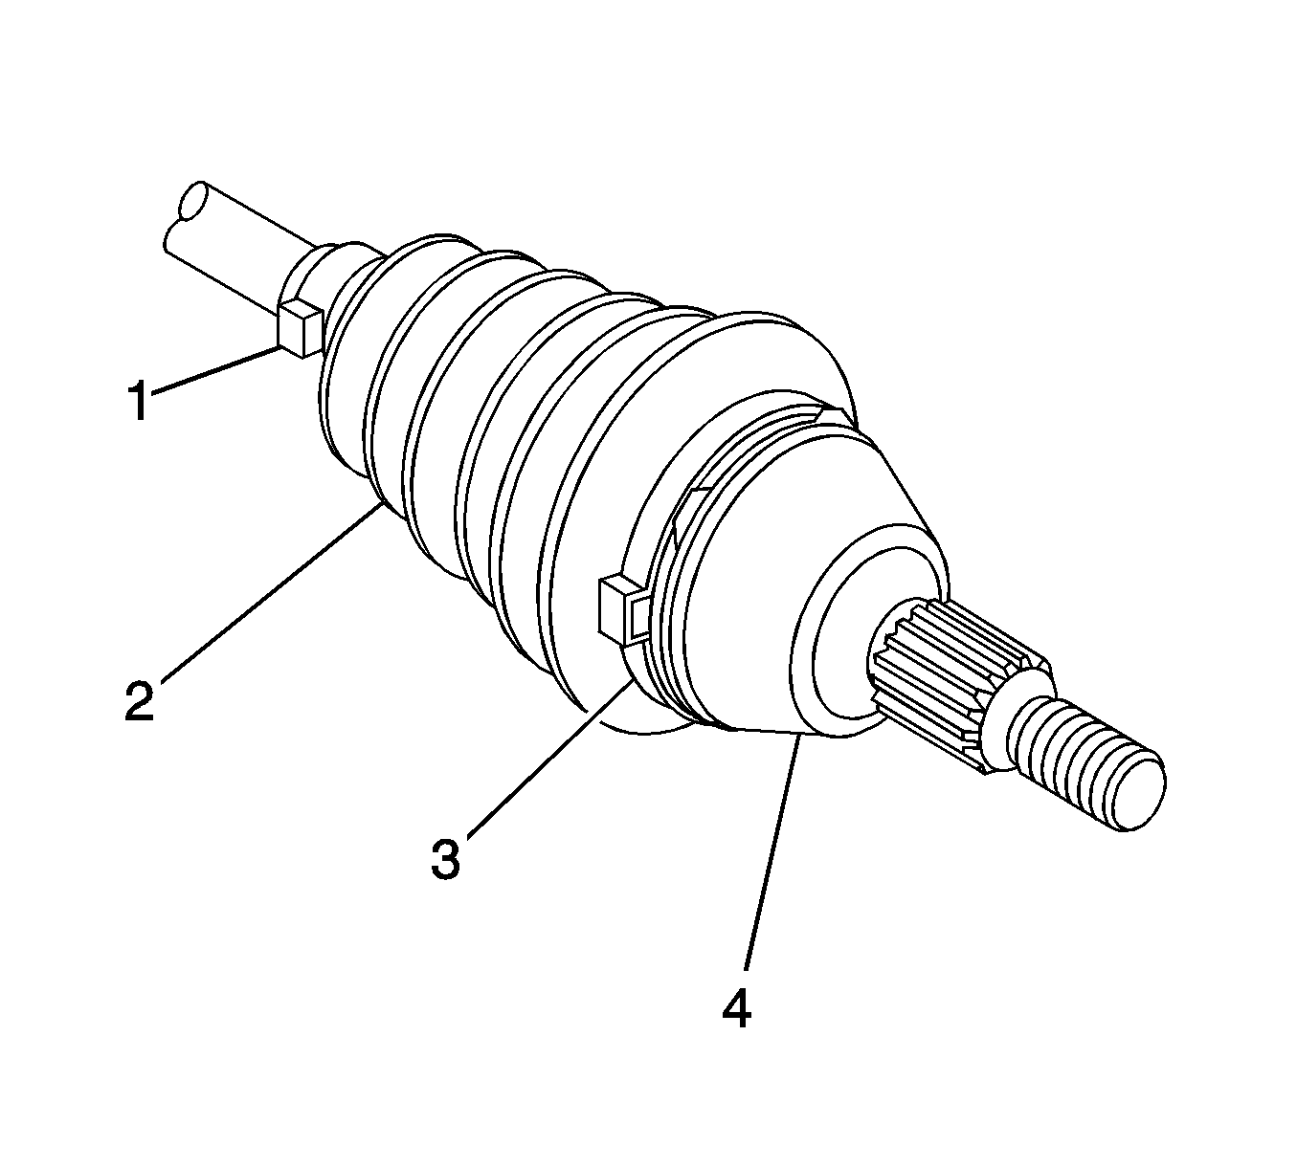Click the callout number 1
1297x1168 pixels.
(x=139, y=401)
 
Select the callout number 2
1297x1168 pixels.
(x=141, y=700)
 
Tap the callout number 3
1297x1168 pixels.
(x=446, y=858)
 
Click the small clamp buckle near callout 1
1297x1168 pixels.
(x=300, y=328)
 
